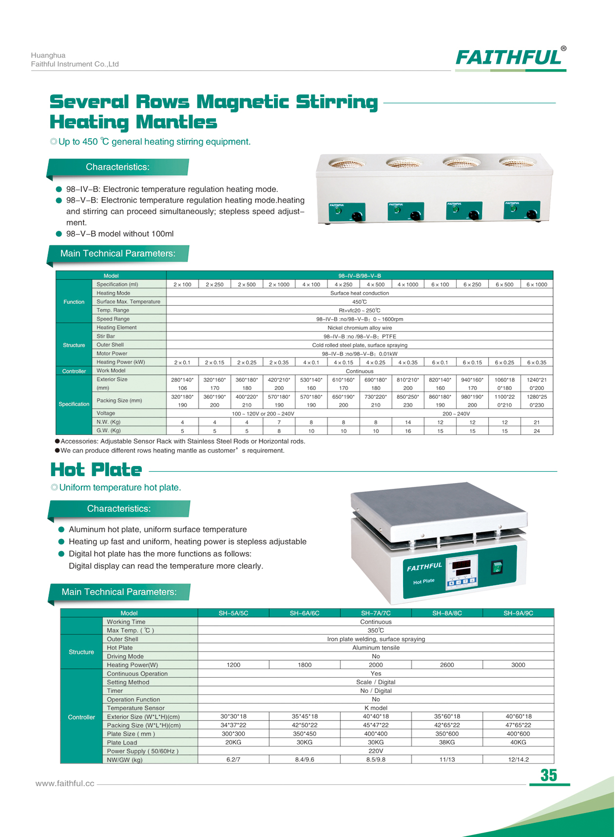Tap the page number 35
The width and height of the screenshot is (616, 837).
(x=548, y=775)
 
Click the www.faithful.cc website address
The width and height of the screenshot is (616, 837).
(x=65, y=783)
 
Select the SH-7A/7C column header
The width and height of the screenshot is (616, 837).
(x=375, y=613)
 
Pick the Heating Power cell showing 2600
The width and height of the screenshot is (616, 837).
(x=446, y=665)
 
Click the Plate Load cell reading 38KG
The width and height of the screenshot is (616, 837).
(x=446, y=742)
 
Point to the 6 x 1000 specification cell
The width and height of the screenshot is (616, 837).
(x=536, y=284)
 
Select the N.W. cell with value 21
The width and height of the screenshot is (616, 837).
(x=536, y=422)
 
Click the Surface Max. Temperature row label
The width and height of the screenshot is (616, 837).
(x=128, y=301)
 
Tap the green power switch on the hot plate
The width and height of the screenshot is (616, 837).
(x=496, y=567)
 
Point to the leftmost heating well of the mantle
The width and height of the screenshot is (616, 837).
(x=346, y=164)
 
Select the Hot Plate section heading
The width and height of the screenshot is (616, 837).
(x=96, y=470)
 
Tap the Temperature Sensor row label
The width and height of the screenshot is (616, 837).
(x=135, y=708)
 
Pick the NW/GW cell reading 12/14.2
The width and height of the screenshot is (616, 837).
(x=518, y=760)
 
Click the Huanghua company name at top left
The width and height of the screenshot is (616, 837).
(x=48, y=55)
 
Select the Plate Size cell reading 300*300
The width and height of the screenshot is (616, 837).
(x=233, y=734)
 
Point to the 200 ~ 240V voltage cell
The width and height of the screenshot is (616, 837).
(x=456, y=413)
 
